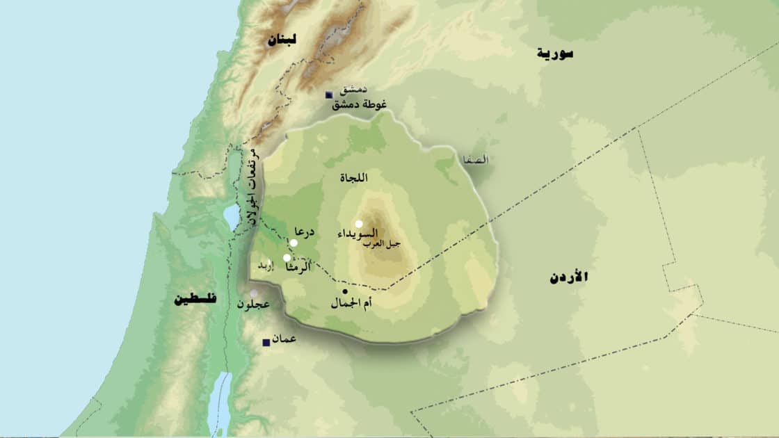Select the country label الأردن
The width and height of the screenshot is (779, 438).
pos(568,277)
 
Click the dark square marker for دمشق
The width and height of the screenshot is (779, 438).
pos(329,95)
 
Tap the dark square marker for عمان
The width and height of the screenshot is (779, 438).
pos(265,342)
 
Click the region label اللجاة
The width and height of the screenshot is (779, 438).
pos(352,179)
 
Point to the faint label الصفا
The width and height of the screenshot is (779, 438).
pos(477,160)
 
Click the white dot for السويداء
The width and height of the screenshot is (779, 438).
pos(358,224)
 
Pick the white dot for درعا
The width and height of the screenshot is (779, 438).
pos(294,243)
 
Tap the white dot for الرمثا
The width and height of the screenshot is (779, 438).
pos(287,257)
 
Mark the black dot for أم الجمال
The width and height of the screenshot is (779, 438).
pos(344,291)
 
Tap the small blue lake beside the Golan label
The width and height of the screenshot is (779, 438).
pos(231,217)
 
